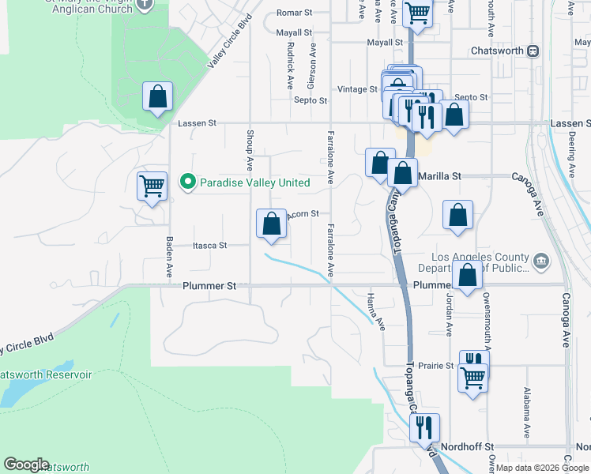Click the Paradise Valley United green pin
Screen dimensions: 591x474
(x=187, y=182)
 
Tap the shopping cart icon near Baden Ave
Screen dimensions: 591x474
(x=152, y=186)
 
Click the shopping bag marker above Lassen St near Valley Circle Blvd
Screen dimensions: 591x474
(x=158, y=97)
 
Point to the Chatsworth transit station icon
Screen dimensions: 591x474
(x=533, y=51)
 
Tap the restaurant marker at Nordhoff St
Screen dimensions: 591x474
(x=424, y=428)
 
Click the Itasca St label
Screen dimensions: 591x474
(x=210, y=246)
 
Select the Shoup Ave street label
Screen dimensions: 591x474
(x=250, y=151)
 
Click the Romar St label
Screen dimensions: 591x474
(x=294, y=13)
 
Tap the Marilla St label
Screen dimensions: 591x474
(x=440, y=177)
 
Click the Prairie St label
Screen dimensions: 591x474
(x=437, y=366)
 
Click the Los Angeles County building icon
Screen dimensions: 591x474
(x=540, y=261)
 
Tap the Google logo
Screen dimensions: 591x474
(x=26, y=465)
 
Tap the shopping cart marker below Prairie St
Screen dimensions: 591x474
(x=473, y=378)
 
